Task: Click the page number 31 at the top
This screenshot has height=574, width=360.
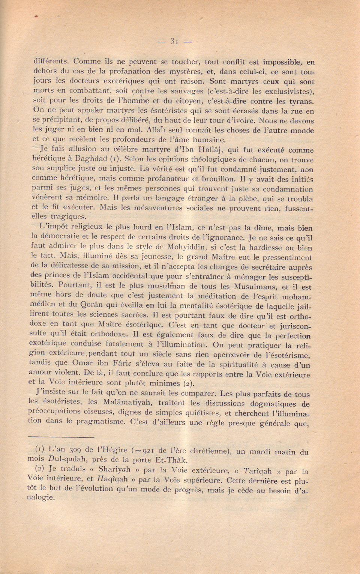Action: [174, 42]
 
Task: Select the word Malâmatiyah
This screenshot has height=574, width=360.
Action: [123, 403]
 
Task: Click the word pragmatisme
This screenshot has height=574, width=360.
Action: [100, 421]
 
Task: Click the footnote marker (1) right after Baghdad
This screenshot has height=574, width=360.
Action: [114, 159]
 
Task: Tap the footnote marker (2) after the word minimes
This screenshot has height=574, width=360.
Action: [189, 383]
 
